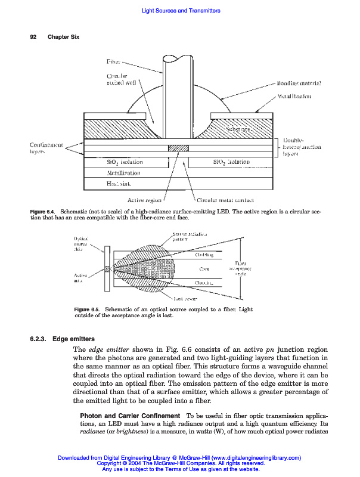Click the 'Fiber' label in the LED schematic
click(x=113, y=61)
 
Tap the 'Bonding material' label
click(x=299, y=83)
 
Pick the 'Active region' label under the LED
click(x=145, y=200)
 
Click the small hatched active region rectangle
click(x=178, y=147)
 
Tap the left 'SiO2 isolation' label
click(x=124, y=162)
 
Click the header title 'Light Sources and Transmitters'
click(x=179, y=11)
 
